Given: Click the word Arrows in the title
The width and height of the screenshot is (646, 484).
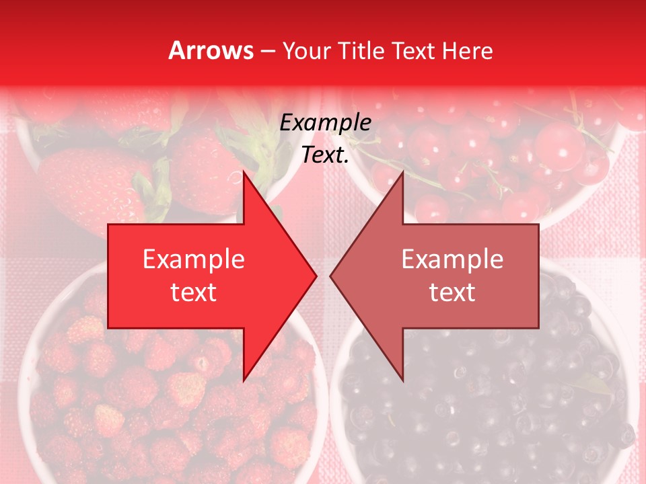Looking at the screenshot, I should (211, 50).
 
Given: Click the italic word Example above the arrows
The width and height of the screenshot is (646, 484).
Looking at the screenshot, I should (325, 123).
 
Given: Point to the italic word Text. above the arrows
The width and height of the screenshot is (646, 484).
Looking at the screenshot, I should (325, 155).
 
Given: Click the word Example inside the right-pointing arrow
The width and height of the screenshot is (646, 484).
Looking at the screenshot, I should (194, 259).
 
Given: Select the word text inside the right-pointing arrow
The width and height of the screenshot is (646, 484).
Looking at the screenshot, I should (194, 292).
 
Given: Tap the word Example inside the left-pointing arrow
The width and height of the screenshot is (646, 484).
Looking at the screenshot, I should (452, 259).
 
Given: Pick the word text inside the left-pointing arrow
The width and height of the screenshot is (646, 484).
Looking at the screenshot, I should (452, 292).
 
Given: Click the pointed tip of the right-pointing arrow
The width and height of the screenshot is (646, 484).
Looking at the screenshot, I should (315, 276).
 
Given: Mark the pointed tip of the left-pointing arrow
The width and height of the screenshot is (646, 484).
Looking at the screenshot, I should (332, 276).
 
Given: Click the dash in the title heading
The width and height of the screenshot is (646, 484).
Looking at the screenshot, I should (267, 52).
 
